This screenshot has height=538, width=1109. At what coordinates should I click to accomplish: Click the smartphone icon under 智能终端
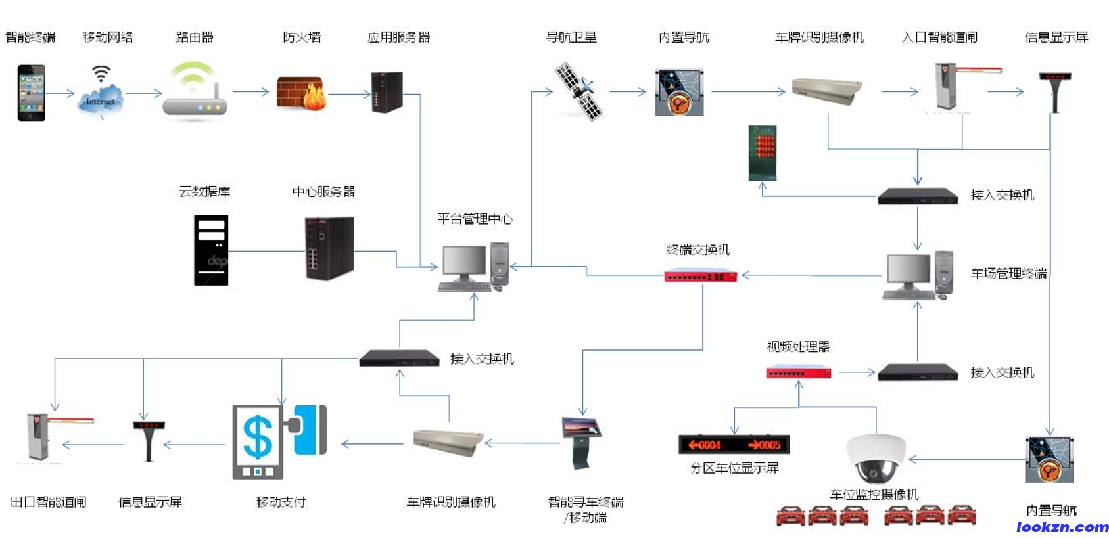tap(31, 93)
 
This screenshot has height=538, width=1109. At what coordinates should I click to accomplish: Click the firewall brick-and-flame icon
tap(301, 93)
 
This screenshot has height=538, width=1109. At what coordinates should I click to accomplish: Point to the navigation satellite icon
tap(578, 91)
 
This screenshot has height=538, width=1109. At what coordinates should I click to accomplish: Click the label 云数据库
tap(204, 192)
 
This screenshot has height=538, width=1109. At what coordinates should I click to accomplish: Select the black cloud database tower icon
tap(211, 250)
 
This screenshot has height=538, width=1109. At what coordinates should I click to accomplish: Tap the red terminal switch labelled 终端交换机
tap(701, 276)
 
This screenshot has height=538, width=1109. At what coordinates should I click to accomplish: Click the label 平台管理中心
tap(475, 219)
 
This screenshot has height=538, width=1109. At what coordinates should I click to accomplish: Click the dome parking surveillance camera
tap(876, 457)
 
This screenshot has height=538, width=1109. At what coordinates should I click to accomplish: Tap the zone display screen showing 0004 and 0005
tap(734, 445)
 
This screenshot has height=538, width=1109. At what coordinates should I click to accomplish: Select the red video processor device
tap(798, 373)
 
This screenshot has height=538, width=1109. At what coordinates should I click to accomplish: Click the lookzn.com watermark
tap(1062, 527)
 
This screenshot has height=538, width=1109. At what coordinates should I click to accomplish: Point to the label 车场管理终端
tap(1008, 274)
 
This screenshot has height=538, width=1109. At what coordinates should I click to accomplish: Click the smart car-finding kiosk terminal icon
tap(581, 442)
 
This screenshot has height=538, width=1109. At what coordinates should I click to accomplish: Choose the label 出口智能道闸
tap(49, 503)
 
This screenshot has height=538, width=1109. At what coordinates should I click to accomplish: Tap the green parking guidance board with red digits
tap(763, 153)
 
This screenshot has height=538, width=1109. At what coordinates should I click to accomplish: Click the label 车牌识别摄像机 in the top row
tap(819, 37)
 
